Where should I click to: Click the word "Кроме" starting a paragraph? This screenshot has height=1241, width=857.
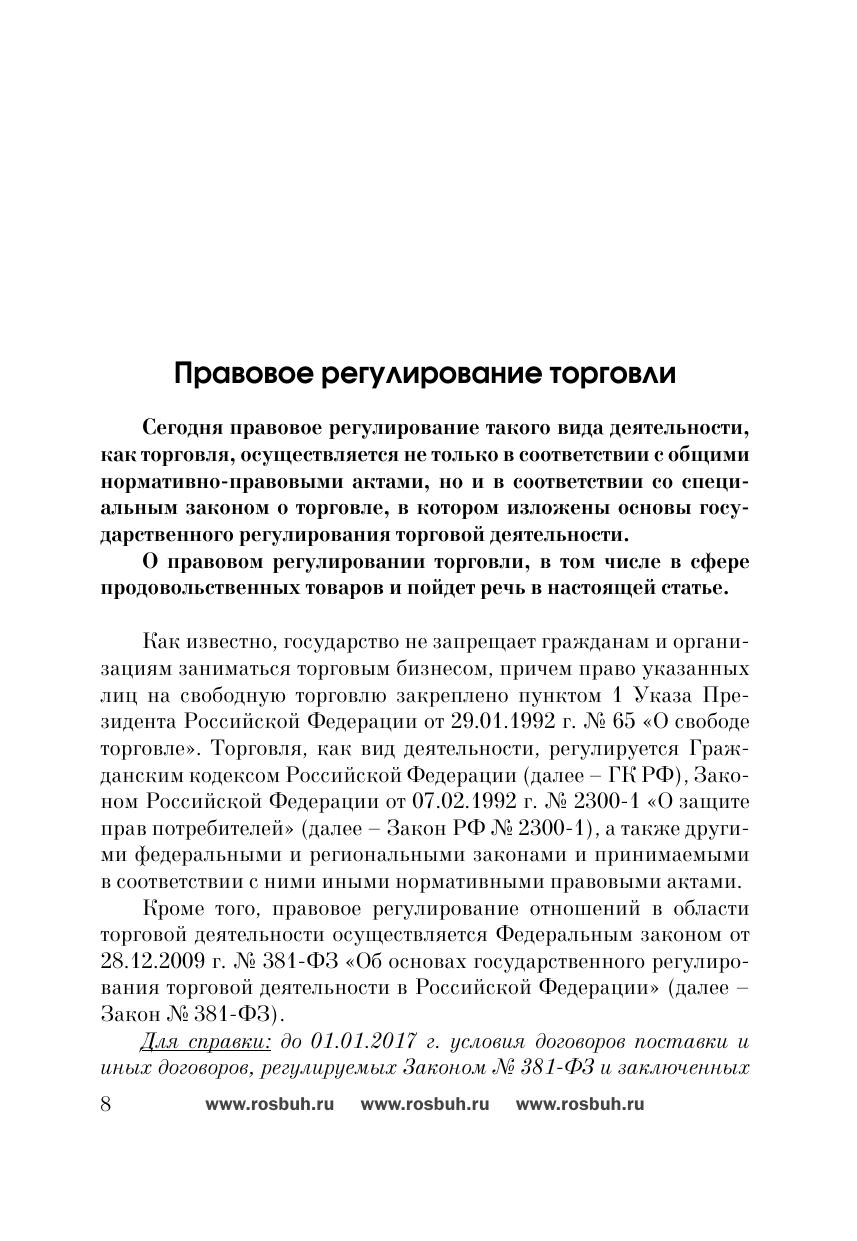(x=174, y=908)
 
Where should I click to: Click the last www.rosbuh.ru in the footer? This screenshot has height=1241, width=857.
(x=580, y=1105)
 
